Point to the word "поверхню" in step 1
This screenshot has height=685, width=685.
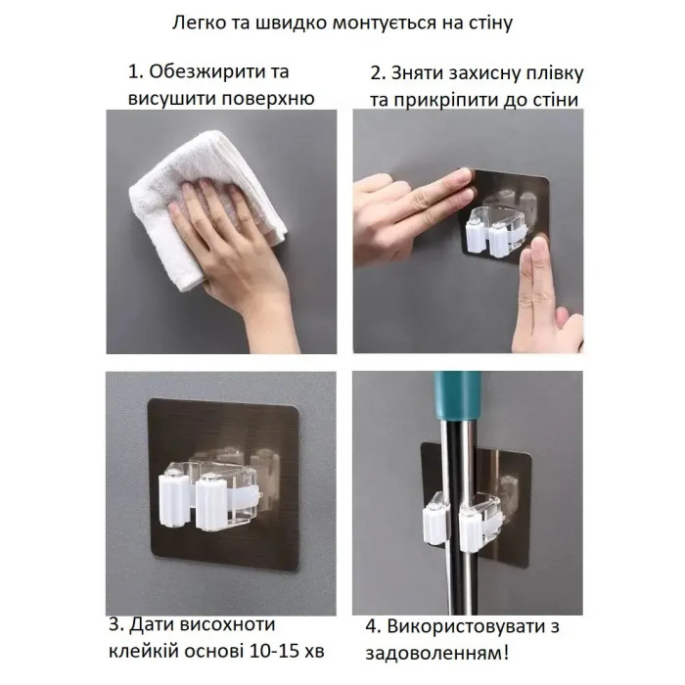coord(268,99)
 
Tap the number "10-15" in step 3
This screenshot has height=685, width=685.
coord(277,652)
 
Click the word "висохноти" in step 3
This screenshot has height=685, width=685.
coord(227,624)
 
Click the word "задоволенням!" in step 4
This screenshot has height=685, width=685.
coord(436,654)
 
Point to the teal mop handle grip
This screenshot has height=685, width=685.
coord(457,396)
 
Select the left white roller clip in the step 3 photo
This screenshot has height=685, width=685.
coord(174,499)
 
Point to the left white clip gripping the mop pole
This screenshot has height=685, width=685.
coord(434,523)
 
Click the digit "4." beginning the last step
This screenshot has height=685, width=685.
coord(374,626)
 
